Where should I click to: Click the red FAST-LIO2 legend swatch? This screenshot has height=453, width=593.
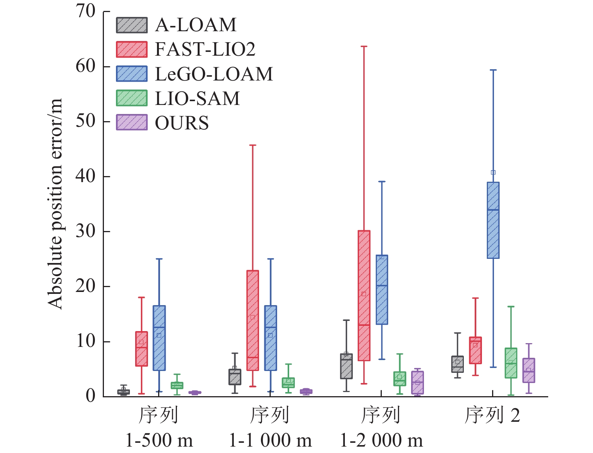131,49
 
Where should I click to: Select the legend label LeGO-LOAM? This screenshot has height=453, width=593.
214,74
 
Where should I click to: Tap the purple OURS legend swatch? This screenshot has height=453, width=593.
131,123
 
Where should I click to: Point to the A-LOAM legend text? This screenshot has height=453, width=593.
196,25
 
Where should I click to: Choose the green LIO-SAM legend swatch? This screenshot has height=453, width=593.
131,98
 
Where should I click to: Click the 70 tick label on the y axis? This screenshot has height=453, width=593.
86,11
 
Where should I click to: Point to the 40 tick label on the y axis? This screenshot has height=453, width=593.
86,176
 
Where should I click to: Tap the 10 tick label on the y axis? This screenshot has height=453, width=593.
86,341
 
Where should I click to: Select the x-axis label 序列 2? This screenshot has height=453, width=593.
492,415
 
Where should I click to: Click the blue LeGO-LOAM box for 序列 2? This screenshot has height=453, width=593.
493,220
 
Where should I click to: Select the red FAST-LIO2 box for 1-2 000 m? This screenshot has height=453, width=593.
364,295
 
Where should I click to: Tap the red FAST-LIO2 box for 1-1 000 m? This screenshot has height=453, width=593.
252,320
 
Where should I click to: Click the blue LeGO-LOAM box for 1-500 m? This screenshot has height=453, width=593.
159,338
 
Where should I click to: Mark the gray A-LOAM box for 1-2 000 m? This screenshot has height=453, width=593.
346,366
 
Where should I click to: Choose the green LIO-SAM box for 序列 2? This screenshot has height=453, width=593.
511,363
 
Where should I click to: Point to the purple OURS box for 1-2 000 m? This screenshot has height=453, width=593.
417,383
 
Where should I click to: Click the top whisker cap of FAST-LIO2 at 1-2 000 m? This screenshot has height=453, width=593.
364,47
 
